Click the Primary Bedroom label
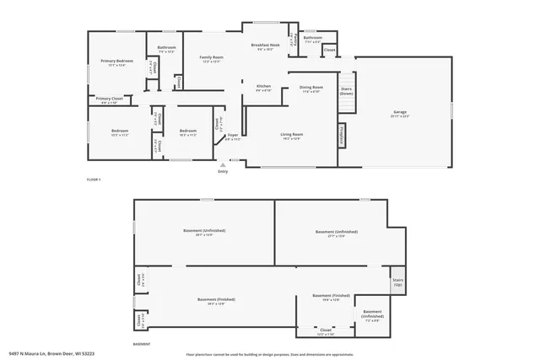coord(117,62)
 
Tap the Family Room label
coord(211,57)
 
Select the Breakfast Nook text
coord(265,45)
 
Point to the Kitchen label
coord(263,86)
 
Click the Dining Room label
coord(311,87)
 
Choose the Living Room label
coord(292,134)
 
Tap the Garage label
coord(400,112)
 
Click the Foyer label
coord(232,135)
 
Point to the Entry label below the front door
coord(223,172)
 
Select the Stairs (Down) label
coord(346,90)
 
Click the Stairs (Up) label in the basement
coord(397,282)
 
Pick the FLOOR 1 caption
coord(94,180)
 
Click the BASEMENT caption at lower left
coord(142,343)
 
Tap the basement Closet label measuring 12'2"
coord(326,330)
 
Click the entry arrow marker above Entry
coord(223,164)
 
